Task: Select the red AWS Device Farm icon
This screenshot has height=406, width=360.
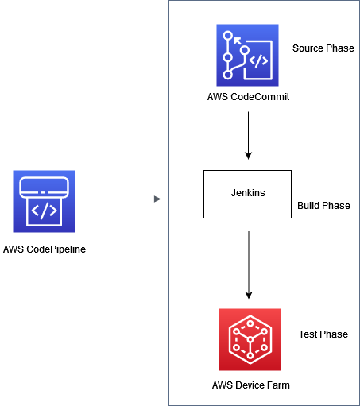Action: pyautogui.click(x=250, y=339)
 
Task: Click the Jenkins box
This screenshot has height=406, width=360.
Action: pyautogui.click(x=250, y=194)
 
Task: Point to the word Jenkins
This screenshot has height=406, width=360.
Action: pyautogui.click(x=250, y=193)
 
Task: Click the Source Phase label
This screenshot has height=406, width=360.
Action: pyautogui.click(x=323, y=48)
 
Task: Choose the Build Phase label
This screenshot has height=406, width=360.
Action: pyautogui.click(x=323, y=206)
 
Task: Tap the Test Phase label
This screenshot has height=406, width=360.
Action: pyautogui.click(x=323, y=334)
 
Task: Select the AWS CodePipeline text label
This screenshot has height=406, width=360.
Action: pyautogui.click(x=44, y=249)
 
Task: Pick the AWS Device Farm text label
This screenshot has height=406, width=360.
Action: pyautogui.click(x=250, y=385)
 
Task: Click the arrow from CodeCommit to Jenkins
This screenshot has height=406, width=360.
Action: pyautogui.click(x=250, y=135)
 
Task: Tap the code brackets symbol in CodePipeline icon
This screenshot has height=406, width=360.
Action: pyautogui.click(x=44, y=211)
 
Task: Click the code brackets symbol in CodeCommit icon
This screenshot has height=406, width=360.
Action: pyautogui.click(x=259, y=60)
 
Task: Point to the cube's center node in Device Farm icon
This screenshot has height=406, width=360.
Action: pyautogui.click(x=250, y=340)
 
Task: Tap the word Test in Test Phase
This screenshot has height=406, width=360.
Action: pyautogui.click(x=308, y=334)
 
